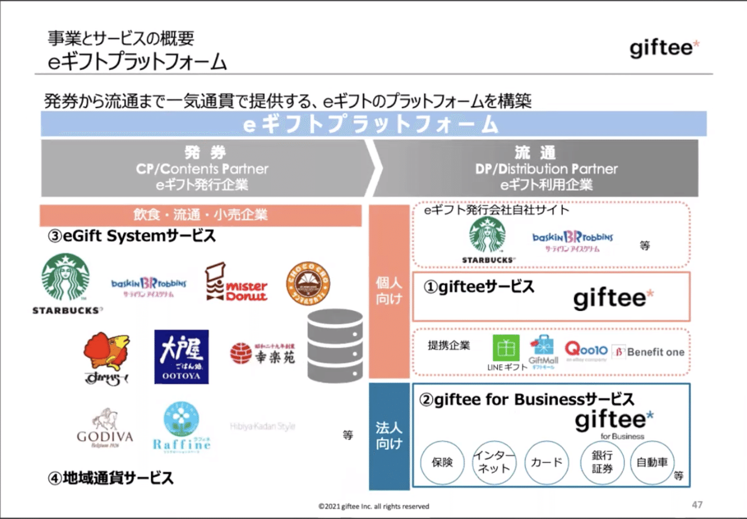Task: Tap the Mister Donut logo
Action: pyautogui.click(x=236, y=283)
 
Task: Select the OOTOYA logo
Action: pyautogui.click(x=181, y=357)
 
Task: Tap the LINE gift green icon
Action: pyautogui.click(x=506, y=348)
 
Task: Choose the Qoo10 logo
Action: pyautogui.click(x=586, y=351)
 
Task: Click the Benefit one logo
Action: pyautogui.click(x=648, y=352)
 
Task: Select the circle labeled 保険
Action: pyautogui.click(x=442, y=462)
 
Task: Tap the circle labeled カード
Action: pyautogui.click(x=546, y=462)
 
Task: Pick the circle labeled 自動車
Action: pyautogui.click(x=652, y=462)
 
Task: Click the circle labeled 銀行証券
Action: pyautogui.click(x=601, y=462)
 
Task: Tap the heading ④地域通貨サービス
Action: pyautogui.click(x=111, y=479)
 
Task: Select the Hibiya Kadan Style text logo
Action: pyautogui.click(x=263, y=426)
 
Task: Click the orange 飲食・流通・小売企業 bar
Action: pyautogui.click(x=200, y=215)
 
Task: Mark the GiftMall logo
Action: pyautogui.click(x=543, y=350)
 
